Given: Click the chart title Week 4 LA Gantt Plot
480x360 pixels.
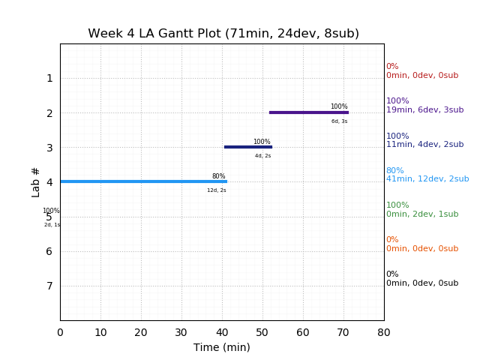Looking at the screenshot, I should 223,34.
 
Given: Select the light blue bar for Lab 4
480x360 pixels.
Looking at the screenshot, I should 143,181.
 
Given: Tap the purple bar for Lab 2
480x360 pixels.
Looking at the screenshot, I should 308,112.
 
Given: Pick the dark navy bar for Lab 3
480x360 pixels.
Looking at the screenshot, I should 247,147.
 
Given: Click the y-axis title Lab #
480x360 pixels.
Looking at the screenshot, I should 36,181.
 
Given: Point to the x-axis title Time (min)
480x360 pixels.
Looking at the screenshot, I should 222,347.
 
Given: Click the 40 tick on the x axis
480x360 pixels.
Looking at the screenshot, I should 222,331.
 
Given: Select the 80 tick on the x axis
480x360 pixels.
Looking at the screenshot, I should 384,331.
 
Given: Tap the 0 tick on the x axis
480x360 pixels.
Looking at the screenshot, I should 60,331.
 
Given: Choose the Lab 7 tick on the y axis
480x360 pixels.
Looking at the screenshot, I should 49,286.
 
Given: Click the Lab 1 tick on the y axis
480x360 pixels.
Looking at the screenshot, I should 49,78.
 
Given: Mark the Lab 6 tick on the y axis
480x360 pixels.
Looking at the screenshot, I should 49,251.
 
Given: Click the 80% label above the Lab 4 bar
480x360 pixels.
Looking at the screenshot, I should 218,177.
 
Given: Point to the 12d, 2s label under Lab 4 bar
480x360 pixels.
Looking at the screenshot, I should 217,190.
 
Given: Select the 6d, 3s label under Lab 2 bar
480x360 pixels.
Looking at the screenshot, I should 339,121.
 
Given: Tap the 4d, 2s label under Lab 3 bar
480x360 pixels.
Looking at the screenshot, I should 262,156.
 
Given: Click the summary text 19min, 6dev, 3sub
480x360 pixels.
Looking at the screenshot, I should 424,110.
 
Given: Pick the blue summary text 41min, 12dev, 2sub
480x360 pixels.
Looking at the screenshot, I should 427,179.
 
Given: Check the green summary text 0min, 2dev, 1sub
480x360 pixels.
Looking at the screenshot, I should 422,214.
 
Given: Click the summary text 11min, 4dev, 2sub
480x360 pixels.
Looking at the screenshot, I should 424,145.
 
